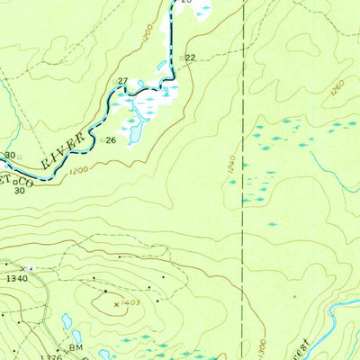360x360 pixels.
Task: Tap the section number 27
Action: point(122,81)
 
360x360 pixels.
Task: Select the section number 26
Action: point(112,140)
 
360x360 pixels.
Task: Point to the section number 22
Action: point(191,57)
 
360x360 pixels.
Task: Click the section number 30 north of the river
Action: point(9,155)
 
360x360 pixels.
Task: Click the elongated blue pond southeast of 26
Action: point(136,133)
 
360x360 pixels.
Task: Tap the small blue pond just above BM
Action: point(67,321)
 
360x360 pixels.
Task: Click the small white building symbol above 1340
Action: point(31,268)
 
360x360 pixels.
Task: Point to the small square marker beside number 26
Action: point(103,140)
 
